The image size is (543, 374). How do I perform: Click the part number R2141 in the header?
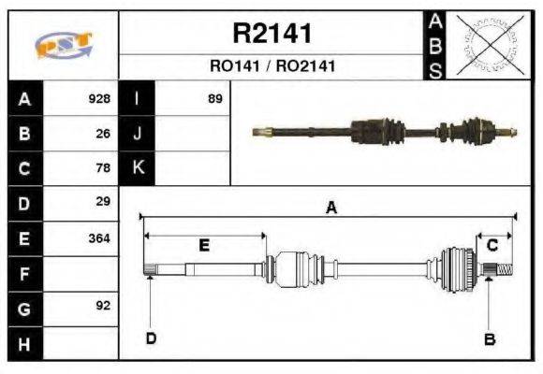tap(271, 34)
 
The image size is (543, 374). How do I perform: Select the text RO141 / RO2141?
tap(271, 66)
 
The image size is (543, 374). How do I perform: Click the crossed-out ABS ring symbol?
tap(486, 45)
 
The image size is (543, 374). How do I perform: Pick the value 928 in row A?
tap(99, 99)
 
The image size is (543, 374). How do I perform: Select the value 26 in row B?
tap(103, 134)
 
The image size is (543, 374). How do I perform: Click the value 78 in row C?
tap(103, 168)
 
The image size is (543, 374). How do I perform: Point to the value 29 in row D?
tap(103, 202)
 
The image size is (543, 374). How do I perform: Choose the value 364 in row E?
tap(99, 237)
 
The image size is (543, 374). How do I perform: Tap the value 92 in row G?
tap(103, 306)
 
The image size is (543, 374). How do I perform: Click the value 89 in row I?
tap(214, 99)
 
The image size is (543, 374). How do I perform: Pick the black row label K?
tap(137, 168)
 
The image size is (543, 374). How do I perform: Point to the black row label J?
tap(137, 134)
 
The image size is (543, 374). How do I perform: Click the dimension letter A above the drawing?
tap(330, 209)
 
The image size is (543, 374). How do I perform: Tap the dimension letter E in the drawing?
tap(204, 245)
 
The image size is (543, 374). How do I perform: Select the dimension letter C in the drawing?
tap(492, 245)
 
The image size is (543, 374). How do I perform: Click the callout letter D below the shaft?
tap(150, 338)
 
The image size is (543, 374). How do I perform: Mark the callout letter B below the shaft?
tap(489, 338)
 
